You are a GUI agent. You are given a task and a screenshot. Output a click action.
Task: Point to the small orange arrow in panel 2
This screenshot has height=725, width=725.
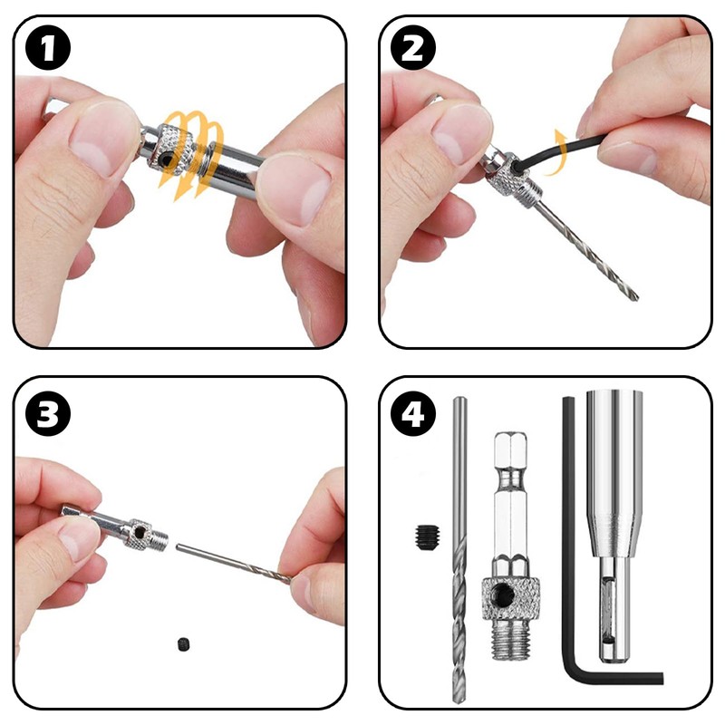(x=559, y=140)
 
